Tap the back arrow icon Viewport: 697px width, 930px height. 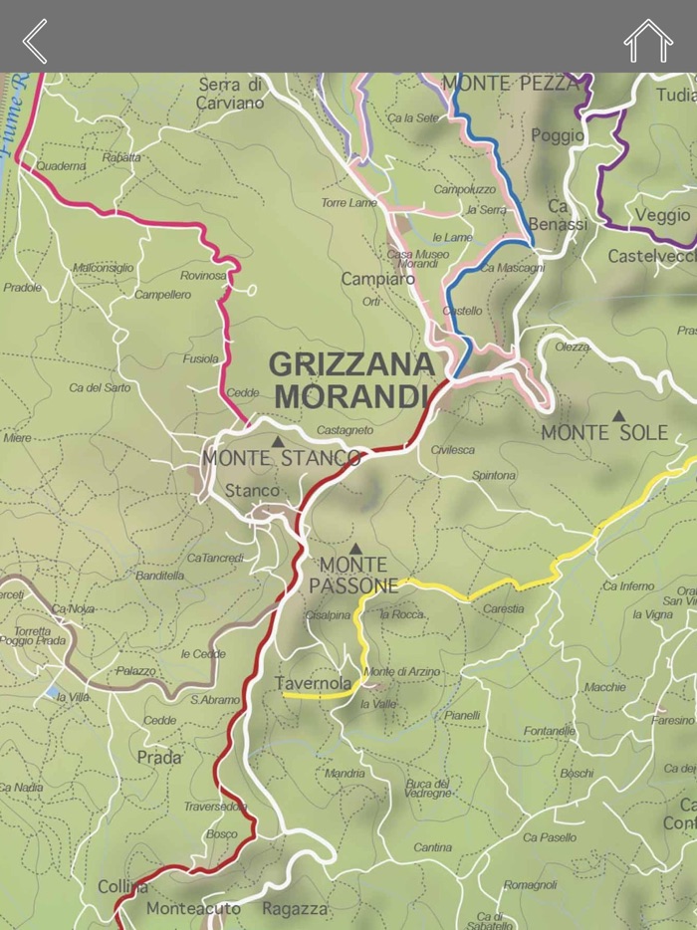[x=35, y=41]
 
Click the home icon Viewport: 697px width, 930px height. [x=648, y=41]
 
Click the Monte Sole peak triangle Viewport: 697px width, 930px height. [x=618, y=416]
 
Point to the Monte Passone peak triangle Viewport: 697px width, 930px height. [x=355, y=548]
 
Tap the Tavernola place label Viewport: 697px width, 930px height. [x=313, y=683]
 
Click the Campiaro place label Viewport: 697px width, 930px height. [x=378, y=279]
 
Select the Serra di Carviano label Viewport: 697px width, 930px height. [x=231, y=94]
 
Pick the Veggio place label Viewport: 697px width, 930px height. [x=662, y=215]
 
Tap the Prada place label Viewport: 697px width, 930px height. [x=159, y=758]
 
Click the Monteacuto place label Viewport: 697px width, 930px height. [x=193, y=908]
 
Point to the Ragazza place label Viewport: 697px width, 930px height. [x=295, y=908]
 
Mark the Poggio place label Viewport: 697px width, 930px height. [x=558, y=135]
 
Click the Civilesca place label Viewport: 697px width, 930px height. [x=453, y=450]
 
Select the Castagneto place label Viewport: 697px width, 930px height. [x=345, y=430]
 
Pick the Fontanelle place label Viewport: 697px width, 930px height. [x=550, y=731]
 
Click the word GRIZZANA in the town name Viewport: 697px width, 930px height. [x=351, y=363]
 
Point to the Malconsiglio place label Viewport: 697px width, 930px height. [x=103, y=268]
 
